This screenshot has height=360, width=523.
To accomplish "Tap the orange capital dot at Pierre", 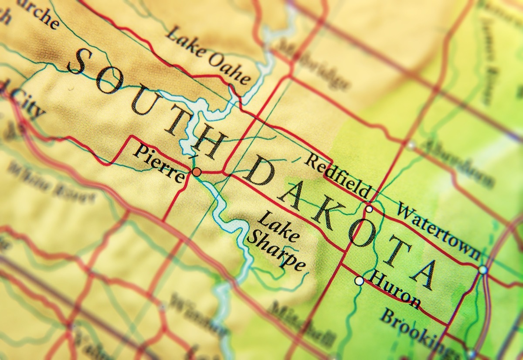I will pyautogui.click(x=197, y=172).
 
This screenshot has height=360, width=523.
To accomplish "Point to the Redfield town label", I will pyautogui.click(x=337, y=176).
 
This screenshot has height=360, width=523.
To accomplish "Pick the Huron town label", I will pyautogui.click(x=395, y=289).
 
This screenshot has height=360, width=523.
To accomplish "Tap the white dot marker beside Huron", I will pyautogui.click(x=359, y=281).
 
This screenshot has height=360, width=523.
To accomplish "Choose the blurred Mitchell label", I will pyautogui.click(x=301, y=323).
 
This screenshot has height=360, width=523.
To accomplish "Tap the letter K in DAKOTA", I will pyautogui.click(x=325, y=216).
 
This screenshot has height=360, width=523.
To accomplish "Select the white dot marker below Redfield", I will pyautogui.click(x=369, y=209).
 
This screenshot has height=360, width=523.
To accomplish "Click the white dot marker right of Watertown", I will pyautogui.click(x=482, y=270).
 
